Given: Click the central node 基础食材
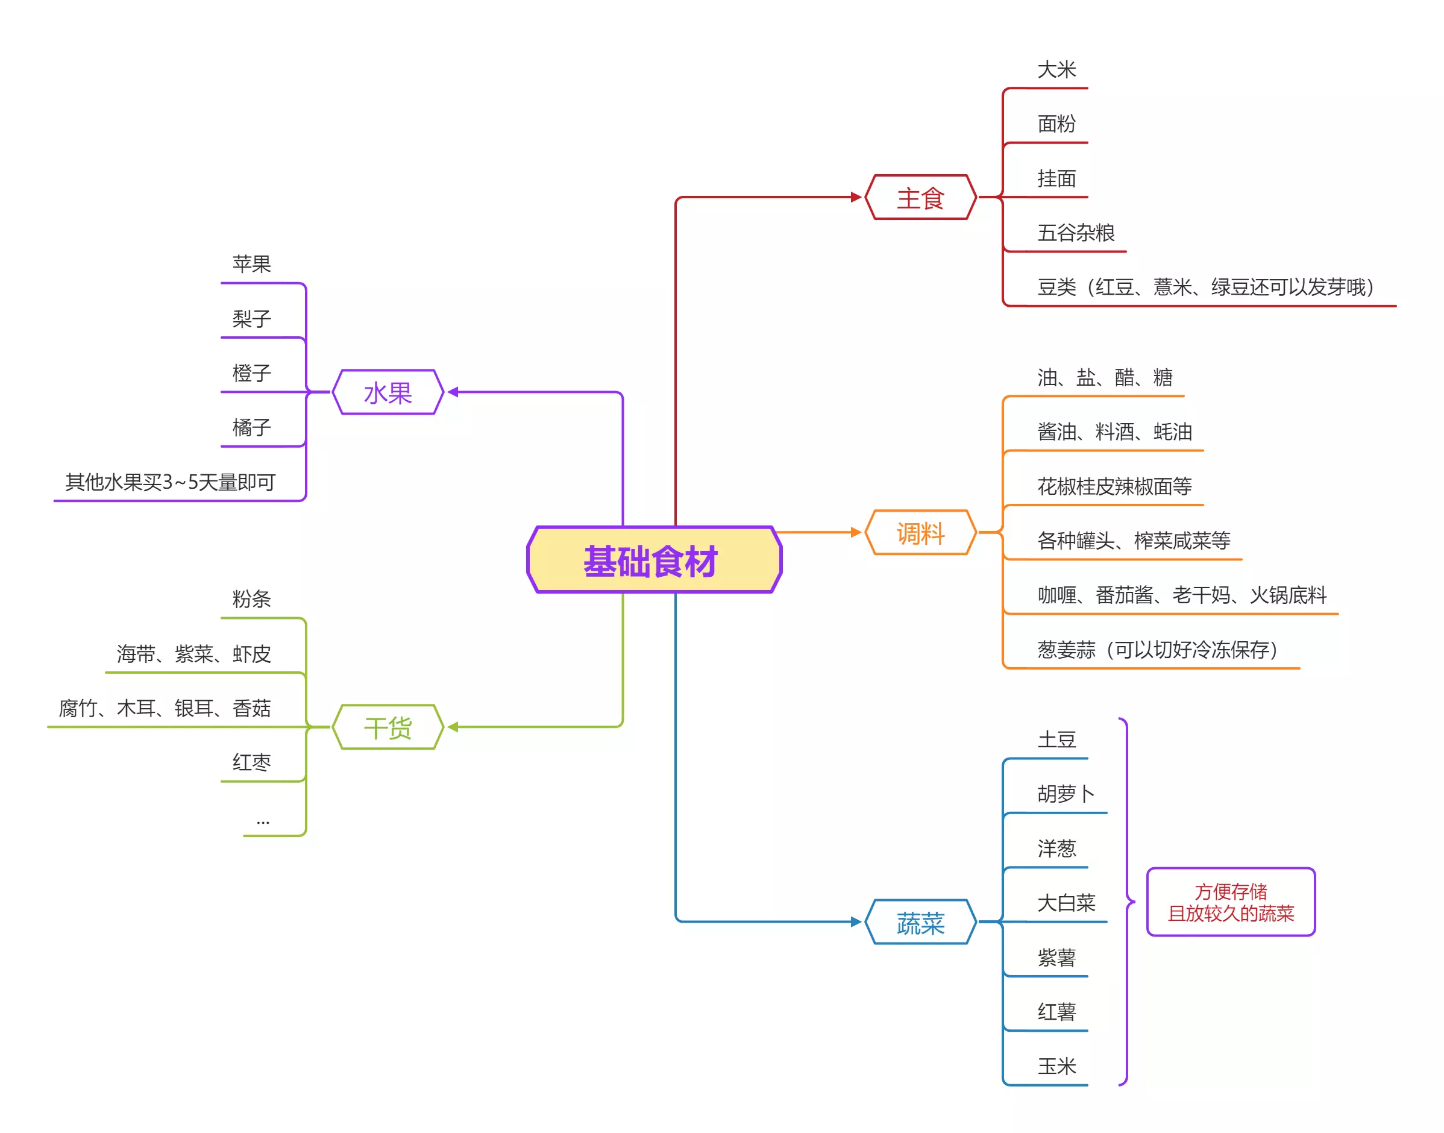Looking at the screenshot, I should (x=653, y=560).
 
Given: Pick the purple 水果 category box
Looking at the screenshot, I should (x=388, y=393).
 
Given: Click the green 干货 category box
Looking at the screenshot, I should (x=388, y=727).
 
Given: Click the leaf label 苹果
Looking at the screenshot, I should (x=251, y=264).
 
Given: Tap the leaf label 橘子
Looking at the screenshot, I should (x=251, y=427).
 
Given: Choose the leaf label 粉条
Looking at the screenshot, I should (x=251, y=599).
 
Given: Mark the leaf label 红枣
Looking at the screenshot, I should (x=251, y=762).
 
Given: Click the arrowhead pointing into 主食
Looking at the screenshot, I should (x=856, y=197).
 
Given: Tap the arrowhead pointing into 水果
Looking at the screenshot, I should (x=453, y=392).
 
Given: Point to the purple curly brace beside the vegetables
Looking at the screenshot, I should (x=1126, y=902).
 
